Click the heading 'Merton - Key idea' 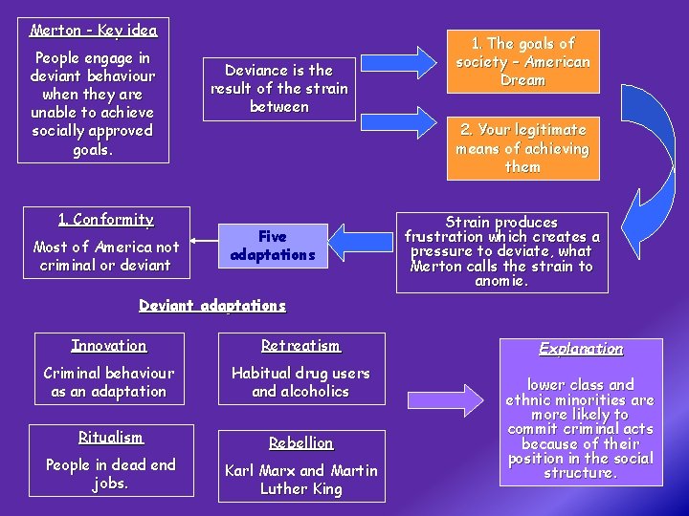click(x=94, y=31)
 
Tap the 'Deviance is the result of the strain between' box click(x=279, y=89)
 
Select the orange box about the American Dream click(x=522, y=62)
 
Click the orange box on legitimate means click(x=522, y=148)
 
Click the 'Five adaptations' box click(x=273, y=246)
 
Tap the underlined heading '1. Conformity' click(x=105, y=220)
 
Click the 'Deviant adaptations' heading click(x=212, y=306)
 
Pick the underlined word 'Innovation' click(x=109, y=346)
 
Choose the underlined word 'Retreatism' click(x=300, y=346)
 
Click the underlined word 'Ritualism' click(x=110, y=438)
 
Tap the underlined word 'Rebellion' click(x=300, y=443)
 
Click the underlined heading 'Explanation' click(x=581, y=349)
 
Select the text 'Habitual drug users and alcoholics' click(x=300, y=382)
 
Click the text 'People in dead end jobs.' click(x=110, y=474)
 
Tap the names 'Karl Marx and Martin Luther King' click(x=300, y=480)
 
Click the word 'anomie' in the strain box click(x=501, y=282)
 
